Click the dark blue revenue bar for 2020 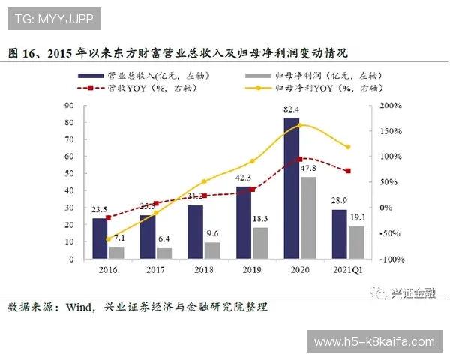[291, 188]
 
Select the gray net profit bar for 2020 [307, 217]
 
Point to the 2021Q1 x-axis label [347, 268]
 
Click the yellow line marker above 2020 [300, 124]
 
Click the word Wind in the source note [80, 307]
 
